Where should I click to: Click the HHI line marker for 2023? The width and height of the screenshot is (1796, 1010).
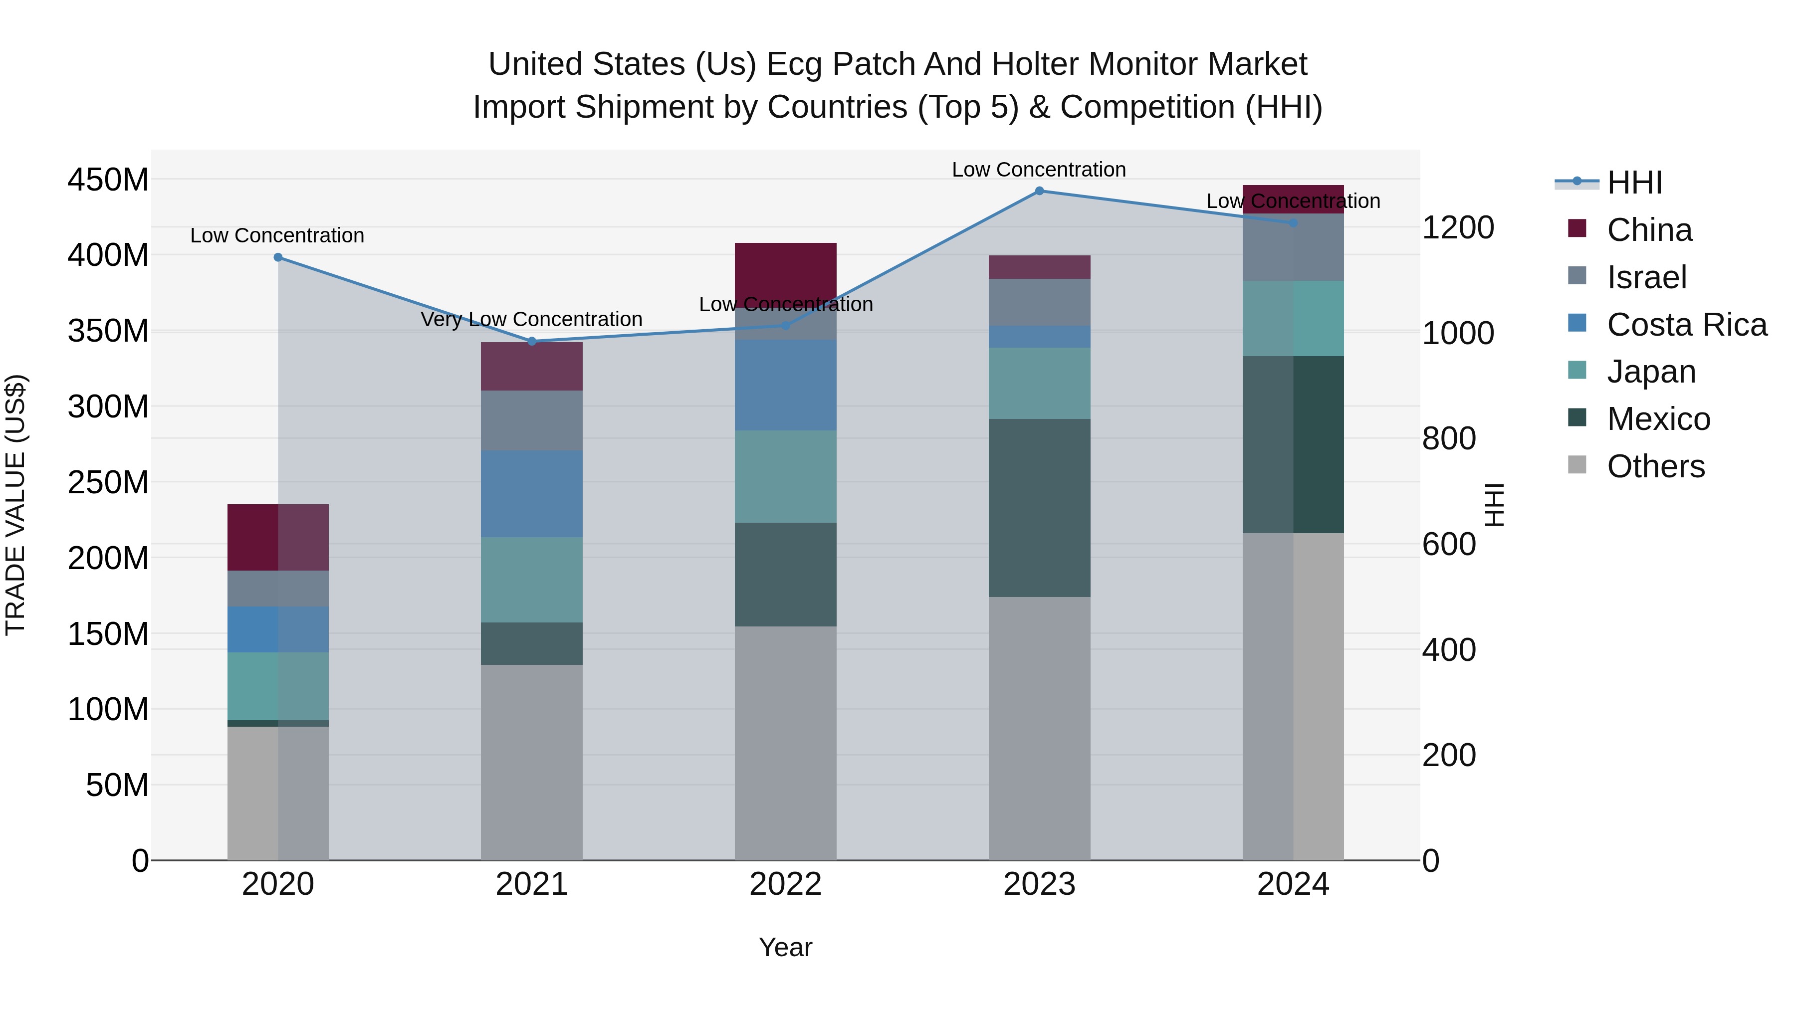1039,191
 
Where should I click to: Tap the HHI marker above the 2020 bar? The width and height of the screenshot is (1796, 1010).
278,257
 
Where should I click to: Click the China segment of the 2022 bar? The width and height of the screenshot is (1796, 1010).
786,272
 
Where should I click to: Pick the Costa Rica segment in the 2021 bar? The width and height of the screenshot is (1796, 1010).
532,493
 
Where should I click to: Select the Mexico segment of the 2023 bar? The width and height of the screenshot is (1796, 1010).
1039,507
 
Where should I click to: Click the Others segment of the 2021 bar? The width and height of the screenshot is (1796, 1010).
532,761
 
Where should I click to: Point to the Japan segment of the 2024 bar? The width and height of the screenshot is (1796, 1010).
1293,319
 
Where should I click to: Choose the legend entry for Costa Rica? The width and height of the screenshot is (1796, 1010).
1686,325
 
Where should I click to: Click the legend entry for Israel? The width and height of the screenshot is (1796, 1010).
1646,277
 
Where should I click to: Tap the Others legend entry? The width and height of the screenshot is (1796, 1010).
1655,466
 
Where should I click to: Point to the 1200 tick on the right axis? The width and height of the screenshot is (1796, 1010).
1457,228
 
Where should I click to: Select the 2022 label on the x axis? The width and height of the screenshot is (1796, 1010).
786,884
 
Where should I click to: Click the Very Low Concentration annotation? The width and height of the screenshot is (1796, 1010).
531,319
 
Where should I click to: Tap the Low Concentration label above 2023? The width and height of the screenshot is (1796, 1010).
1039,170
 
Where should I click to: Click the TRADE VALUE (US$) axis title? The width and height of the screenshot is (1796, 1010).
15,505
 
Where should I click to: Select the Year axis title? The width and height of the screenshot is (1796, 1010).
786,947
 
